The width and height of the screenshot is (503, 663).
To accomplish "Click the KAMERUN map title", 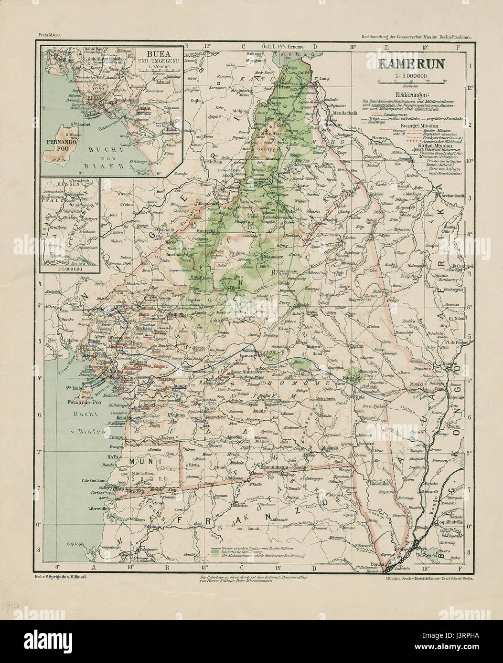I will tap(405, 64).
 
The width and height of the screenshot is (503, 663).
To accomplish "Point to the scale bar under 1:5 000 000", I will tap(405, 82).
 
